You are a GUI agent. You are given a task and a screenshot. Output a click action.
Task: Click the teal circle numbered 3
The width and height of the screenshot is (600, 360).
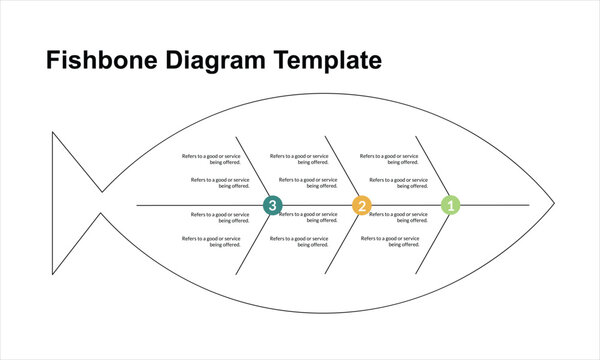(x=272, y=206)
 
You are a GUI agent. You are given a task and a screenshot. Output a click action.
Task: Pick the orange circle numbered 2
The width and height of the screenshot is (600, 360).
(x=362, y=206)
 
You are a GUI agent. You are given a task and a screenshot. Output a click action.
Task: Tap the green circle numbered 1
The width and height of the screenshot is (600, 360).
(x=451, y=206)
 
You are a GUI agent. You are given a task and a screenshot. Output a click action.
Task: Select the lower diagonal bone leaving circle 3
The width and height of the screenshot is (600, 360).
(x=253, y=243)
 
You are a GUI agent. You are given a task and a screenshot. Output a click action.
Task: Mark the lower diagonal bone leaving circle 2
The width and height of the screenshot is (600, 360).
(x=343, y=243)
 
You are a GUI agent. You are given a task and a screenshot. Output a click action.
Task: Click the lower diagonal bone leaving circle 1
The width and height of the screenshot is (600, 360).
(x=432, y=243)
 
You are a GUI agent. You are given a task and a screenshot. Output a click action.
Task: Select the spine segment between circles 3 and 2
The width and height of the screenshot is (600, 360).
(x=317, y=206)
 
